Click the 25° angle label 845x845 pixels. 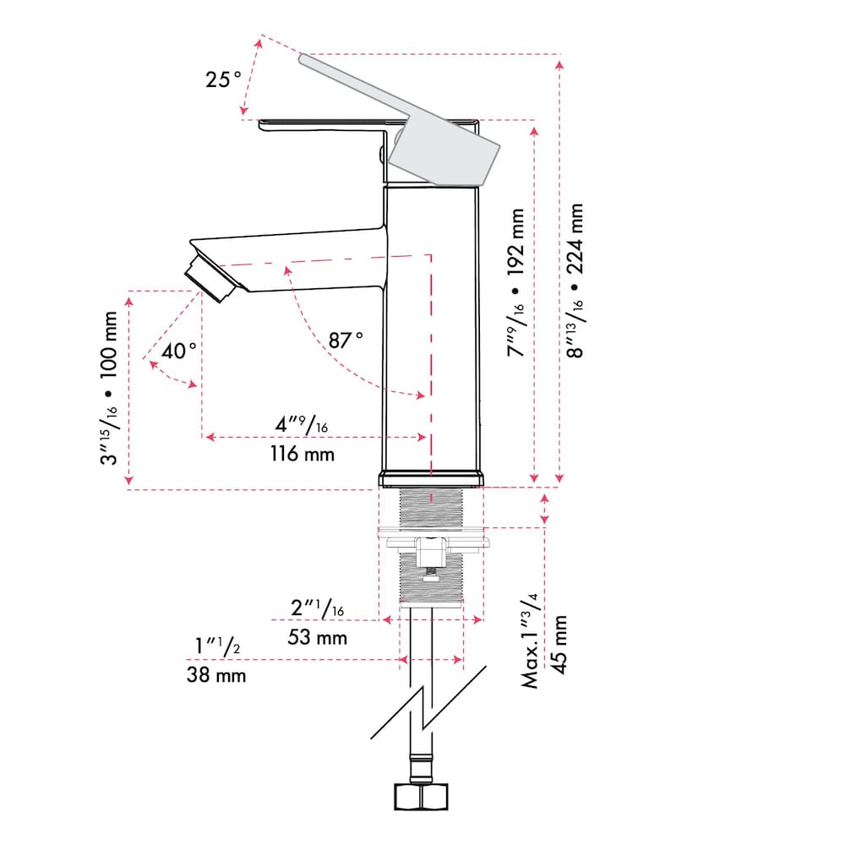223,80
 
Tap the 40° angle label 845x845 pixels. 179,351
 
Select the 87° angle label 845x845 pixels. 346,340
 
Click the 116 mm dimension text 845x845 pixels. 303,454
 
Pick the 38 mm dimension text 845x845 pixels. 216,675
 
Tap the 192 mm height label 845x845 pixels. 516,245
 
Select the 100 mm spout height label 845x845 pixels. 108,353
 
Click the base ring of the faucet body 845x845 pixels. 431,480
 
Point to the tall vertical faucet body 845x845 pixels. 432,330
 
